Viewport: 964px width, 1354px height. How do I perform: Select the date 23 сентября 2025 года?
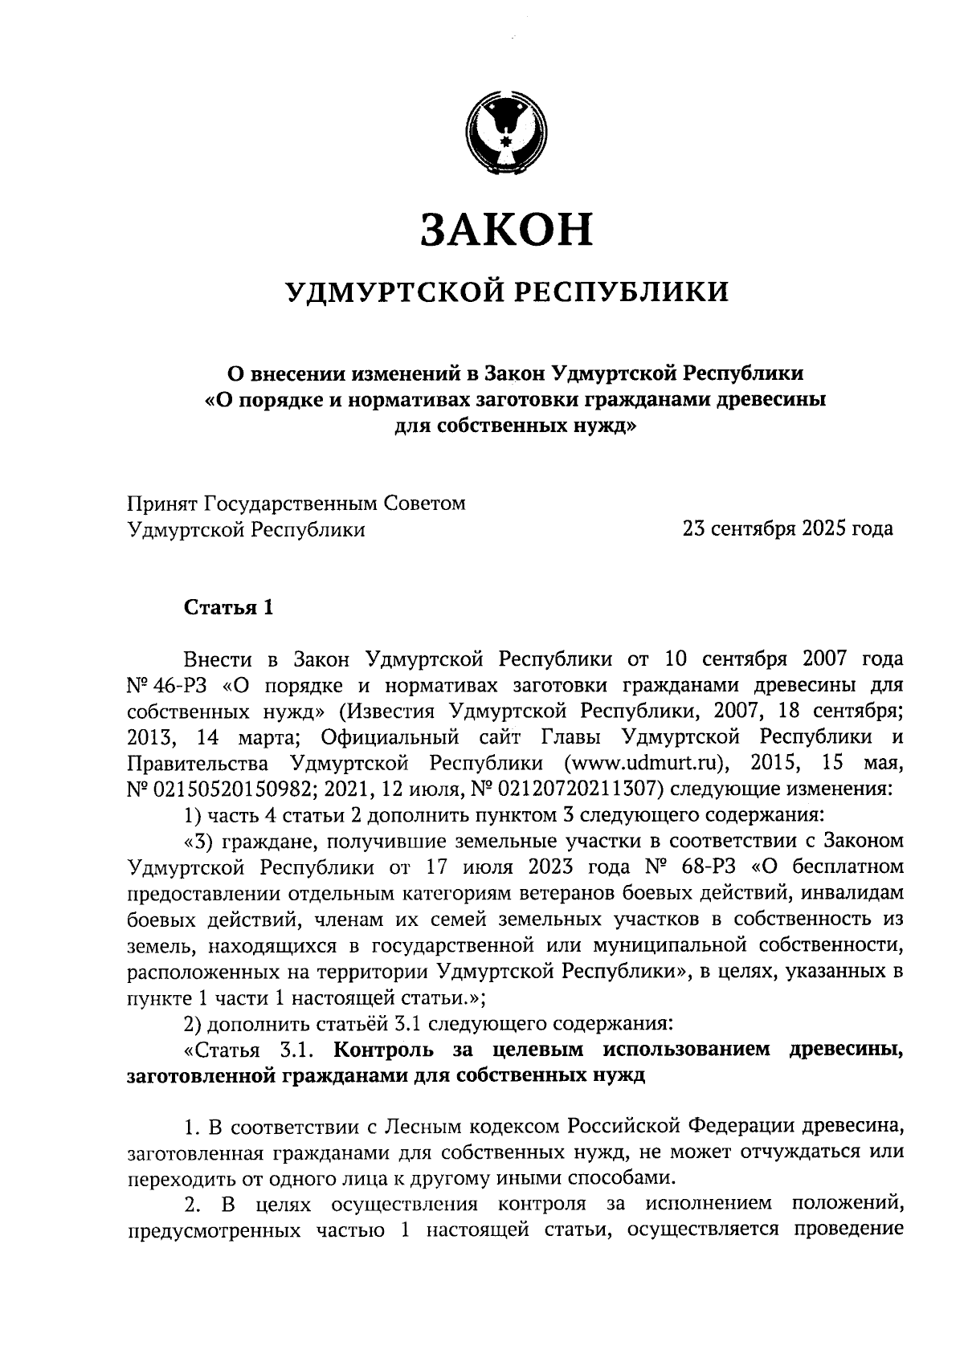point(787,529)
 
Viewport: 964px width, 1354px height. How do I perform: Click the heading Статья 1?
point(229,607)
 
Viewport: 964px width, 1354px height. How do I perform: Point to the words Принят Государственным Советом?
point(296,504)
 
